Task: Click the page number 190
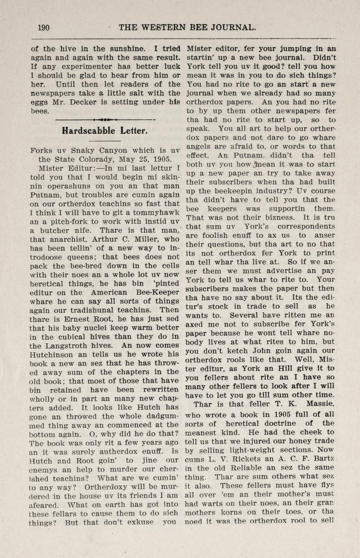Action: click(x=43, y=28)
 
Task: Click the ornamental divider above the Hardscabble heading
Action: click(x=105, y=120)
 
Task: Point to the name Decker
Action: click(x=83, y=102)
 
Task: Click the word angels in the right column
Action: click(x=199, y=147)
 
